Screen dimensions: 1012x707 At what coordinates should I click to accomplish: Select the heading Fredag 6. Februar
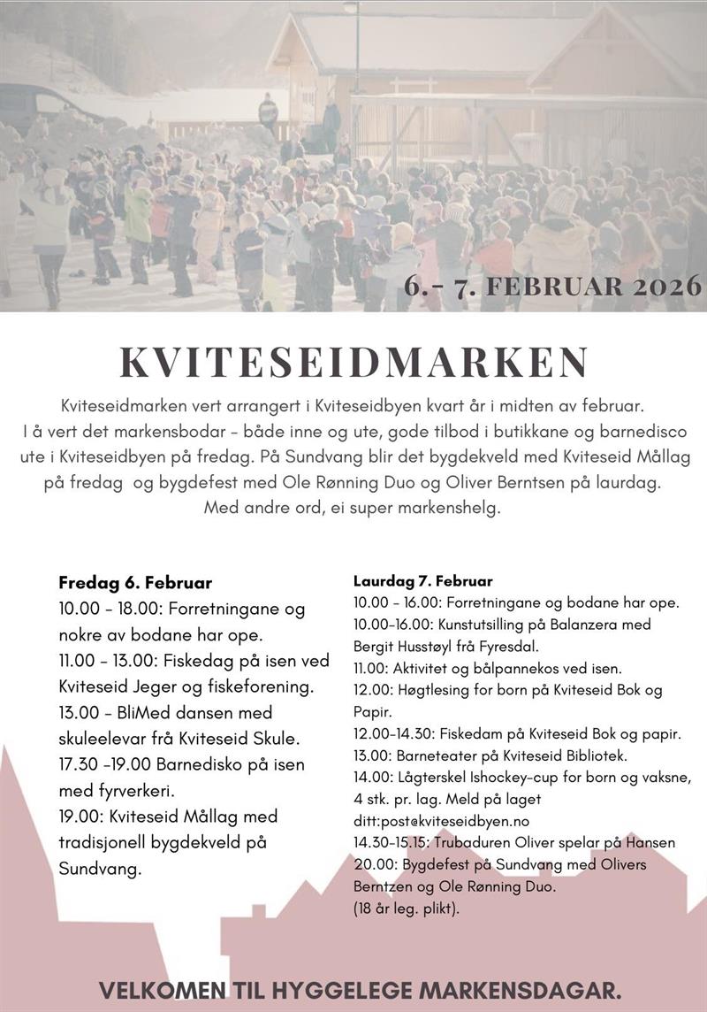point(135,583)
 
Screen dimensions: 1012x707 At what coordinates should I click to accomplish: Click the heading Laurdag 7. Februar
point(422,581)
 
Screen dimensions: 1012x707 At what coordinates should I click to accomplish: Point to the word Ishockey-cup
point(515,778)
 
